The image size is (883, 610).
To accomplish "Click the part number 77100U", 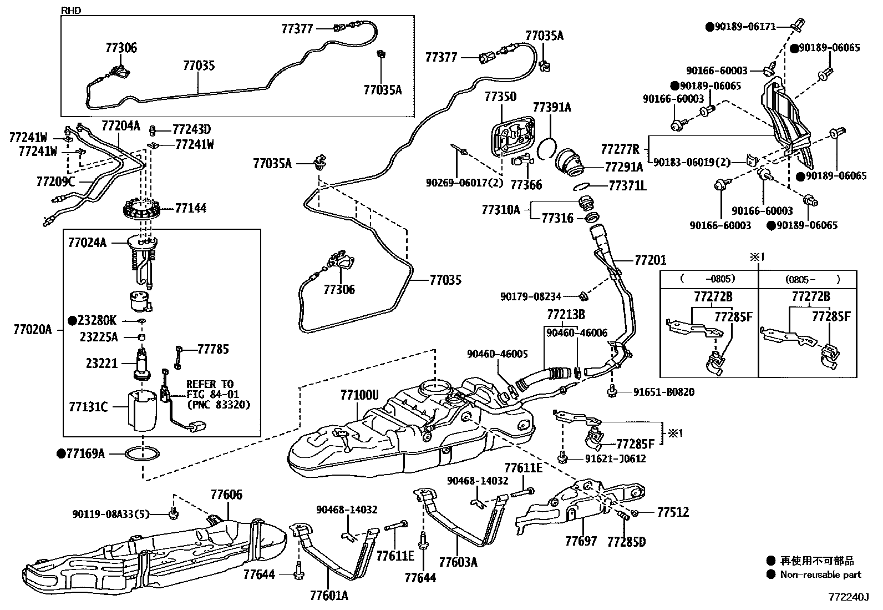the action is point(359,395).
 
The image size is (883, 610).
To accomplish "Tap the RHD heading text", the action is point(71,10).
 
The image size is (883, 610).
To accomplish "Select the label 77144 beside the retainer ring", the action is point(190,208).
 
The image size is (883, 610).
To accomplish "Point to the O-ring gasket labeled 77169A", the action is point(143,454).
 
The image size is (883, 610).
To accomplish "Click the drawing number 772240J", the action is point(849,597).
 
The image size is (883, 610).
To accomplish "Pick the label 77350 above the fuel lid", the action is point(500,97).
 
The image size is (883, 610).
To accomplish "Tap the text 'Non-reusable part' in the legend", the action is point(821,574).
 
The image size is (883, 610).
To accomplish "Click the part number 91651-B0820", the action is point(664,392).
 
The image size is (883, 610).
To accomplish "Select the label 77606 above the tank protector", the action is point(226,495).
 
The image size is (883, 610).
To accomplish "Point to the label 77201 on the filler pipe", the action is point(651,260).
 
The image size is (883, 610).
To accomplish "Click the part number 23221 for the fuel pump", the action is point(102,363).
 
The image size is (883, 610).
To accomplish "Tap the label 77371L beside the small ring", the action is point(627,186).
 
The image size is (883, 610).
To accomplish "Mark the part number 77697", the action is point(581,541).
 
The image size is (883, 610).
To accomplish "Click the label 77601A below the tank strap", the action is point(329,596).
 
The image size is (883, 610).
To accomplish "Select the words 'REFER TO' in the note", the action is point(210,384).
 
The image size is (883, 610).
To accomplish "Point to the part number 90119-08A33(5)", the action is point(111,514).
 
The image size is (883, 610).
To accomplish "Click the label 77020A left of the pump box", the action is point(32,330).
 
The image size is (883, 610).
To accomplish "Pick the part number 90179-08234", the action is point(531,296).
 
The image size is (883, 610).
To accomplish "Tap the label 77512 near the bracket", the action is point(673,512).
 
